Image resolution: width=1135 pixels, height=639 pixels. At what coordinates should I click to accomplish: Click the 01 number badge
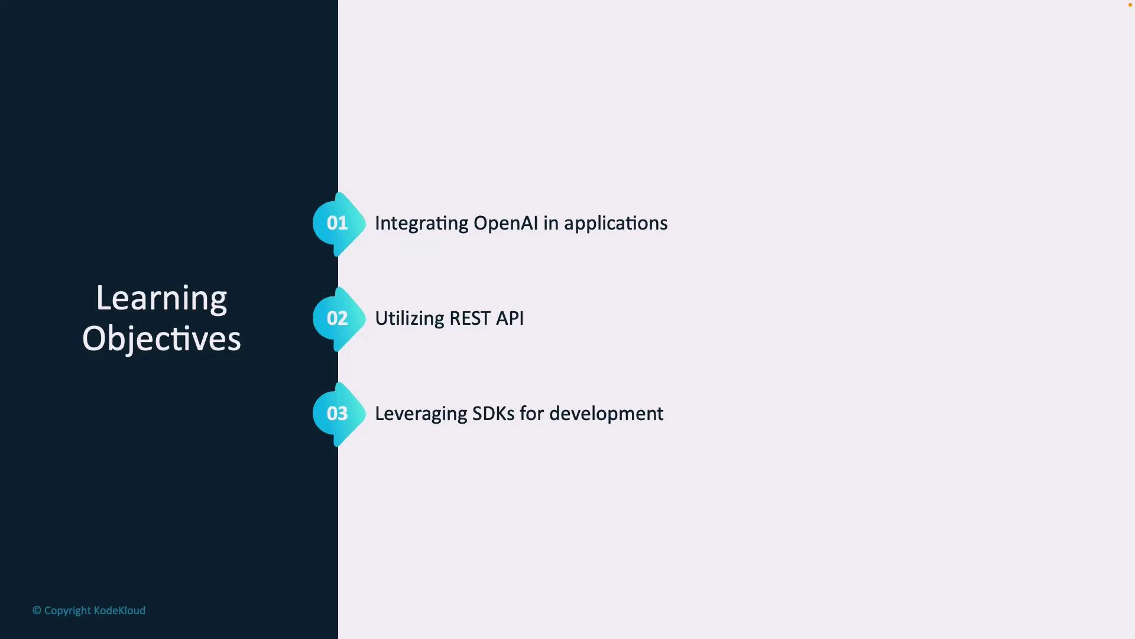338,223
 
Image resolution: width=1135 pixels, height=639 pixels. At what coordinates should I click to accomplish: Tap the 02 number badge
338,318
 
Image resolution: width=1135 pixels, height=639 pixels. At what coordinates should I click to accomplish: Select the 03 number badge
338,414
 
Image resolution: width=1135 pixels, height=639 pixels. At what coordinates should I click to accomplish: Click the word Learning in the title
161,298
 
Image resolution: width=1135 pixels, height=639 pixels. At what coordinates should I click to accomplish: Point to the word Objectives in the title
161,339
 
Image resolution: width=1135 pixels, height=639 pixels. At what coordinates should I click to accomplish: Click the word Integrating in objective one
421,224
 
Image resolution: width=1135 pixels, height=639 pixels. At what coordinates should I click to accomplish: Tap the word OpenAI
505,223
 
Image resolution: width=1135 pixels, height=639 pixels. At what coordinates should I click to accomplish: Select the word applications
615,224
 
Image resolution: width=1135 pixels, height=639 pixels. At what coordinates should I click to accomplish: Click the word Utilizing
409,318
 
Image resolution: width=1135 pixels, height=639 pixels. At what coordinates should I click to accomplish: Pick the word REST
470,318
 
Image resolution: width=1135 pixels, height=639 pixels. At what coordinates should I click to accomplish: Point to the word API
510,318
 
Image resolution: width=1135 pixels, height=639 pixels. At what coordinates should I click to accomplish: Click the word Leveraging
421,414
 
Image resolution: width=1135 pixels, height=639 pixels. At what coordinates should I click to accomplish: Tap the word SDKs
494,414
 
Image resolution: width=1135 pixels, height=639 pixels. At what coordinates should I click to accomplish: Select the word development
606,414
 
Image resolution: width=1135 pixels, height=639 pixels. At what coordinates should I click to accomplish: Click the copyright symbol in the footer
37,611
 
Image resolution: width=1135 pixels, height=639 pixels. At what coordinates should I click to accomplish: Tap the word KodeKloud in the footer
119,611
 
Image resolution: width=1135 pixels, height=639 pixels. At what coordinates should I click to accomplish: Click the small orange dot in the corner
1130,5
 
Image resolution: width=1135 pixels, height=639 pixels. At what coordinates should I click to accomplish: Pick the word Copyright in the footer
67,611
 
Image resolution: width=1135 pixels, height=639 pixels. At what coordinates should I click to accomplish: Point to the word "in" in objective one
550,223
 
